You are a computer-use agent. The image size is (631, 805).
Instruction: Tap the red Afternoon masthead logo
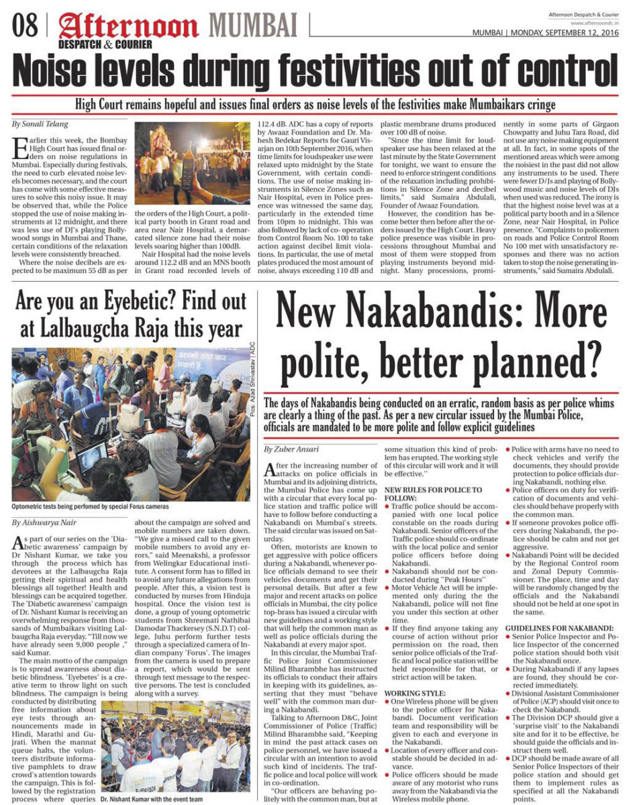tap(128, 28)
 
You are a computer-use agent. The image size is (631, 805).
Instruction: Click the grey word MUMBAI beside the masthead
tap(254, 26)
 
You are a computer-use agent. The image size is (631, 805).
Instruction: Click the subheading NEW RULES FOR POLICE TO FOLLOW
tap(433, 494)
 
